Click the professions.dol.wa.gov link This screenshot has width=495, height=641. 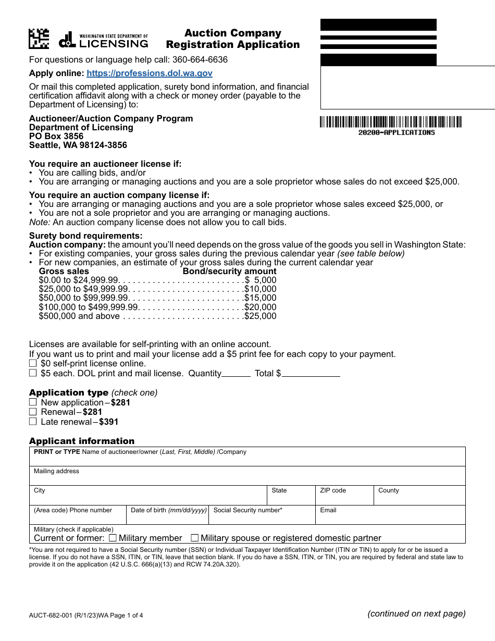pos(150,73)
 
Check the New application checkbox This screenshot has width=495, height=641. pos(33,402)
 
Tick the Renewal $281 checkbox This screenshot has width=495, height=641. pos(33,412)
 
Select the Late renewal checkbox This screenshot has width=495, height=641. pos(33,422)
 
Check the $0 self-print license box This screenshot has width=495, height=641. pos(33,363)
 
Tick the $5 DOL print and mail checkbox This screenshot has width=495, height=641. pos(33,373)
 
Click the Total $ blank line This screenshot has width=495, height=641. pos(311,374)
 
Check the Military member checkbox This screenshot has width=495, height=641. pos(113,538)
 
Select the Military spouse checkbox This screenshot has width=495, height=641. pos(195,538)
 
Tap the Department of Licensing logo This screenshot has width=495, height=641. pos(103,40)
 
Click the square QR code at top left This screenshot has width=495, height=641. pos(39,39)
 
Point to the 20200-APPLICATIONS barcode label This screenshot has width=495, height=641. pos(396,132)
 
